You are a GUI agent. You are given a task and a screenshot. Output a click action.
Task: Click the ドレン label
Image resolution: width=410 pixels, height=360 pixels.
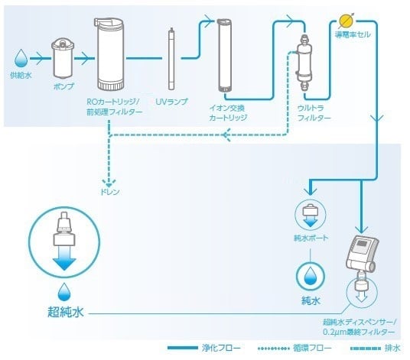pyautogui.click(x=110, y=190)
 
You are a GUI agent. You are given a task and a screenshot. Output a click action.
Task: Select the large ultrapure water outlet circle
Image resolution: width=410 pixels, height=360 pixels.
pyautogui.click(x=65, y=244)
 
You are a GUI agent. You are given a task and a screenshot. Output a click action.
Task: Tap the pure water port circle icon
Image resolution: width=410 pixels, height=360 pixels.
pyautogui.click(x=310, y=216)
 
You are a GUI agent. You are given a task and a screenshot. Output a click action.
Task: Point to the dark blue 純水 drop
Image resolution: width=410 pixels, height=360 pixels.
pyautogui.click(x=310, y=274)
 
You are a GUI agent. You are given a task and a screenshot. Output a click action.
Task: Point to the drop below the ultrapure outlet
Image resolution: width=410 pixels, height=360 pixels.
pyautogui.click(x=63, y=291)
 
